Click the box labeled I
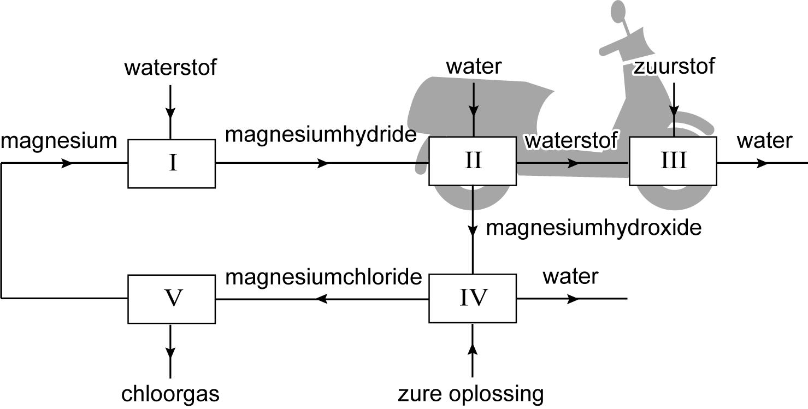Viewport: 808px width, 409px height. click(x=172, y=163)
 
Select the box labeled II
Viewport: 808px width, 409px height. click(x=473, y=161)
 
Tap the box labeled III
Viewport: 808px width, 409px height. click(x=673, y=161)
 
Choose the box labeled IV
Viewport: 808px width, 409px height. click(x=473, y=298)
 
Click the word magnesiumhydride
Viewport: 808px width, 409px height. click(x=321, y=134)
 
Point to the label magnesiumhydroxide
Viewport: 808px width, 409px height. click(x=593, y=227)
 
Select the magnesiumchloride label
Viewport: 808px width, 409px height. click(x=323, y=277)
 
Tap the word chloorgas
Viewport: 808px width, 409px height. click(x=170, y=394)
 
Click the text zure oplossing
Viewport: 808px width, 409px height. click(x=471, y=394)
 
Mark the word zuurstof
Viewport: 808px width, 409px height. click(x=674, y=67)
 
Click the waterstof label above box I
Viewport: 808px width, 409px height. click(x=170, y=68)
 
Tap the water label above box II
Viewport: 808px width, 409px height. click(x=474, y=67)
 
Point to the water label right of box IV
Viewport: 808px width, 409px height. click(x=570, y=276)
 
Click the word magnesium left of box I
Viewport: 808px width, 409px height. click(x=59, y=141)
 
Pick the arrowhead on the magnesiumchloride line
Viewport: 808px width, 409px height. click(x=322, y=299)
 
